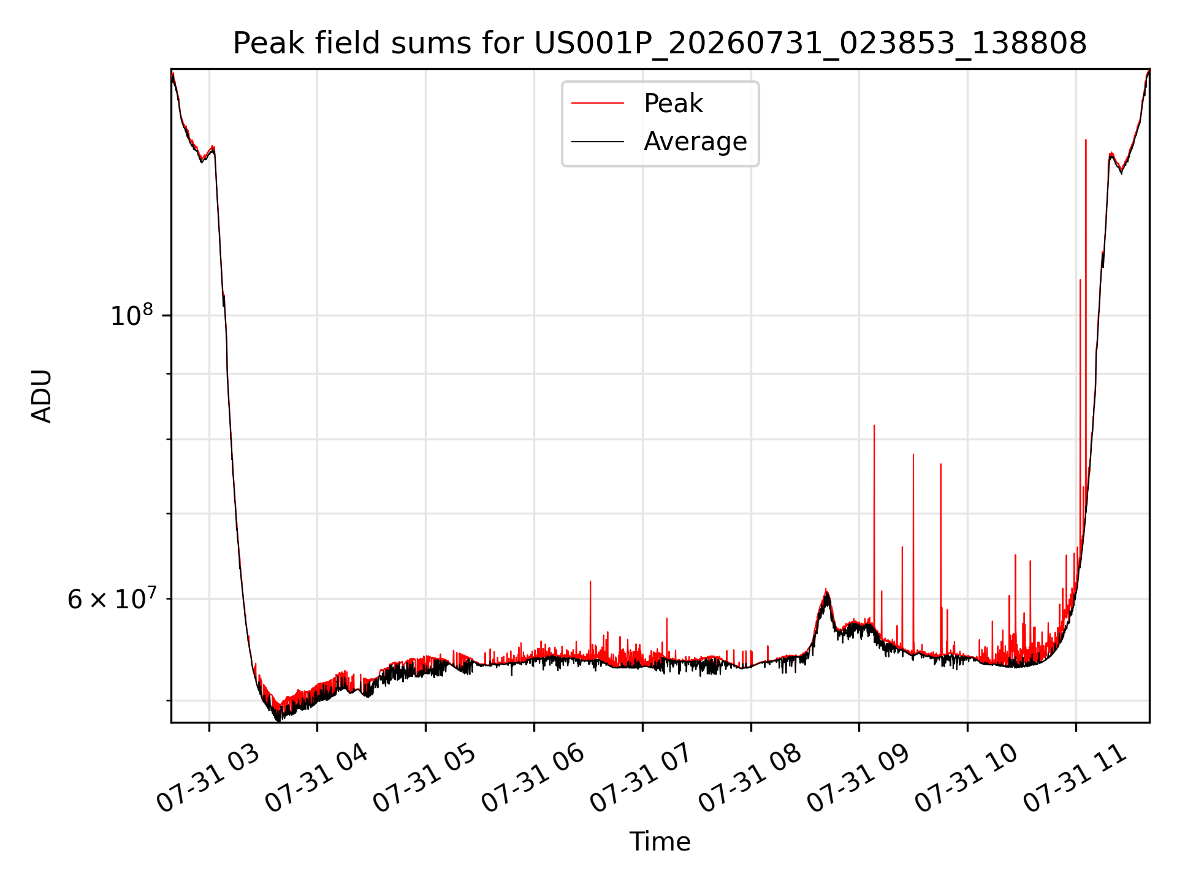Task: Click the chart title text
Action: [x=660, y=44]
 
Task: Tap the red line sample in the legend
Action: [x=598, y=104]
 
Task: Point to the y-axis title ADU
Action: [x=42, y=396]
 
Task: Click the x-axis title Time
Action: [x=660, y=842]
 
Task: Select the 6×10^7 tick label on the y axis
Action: [x=112, y=598]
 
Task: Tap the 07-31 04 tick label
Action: [x=316, y=779]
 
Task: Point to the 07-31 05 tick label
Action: [x=425, y=779]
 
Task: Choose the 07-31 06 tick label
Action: [x=533, y=779]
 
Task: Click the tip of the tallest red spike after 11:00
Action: [x=1086, y=140]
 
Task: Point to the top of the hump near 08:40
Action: [x=826, y=589]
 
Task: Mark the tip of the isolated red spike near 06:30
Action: [x=590, y=581]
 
